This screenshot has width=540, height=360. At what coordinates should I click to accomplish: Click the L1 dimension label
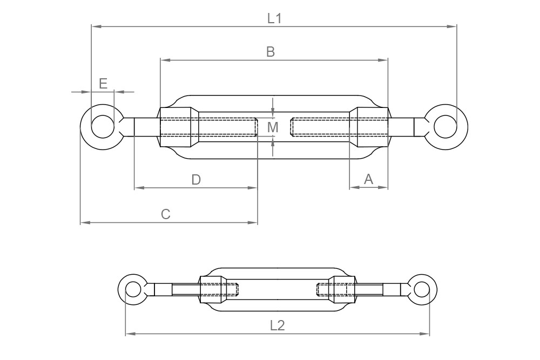tap(274, 18)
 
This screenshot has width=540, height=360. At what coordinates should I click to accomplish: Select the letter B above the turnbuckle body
tap(271, 52)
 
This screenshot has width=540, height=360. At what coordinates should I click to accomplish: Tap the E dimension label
tap(103, 83)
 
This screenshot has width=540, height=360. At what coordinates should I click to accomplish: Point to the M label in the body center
tap(273, 127)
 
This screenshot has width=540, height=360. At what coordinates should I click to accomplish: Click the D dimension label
tap(196, 180)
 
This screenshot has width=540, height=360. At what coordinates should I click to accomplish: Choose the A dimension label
tap(369, 179)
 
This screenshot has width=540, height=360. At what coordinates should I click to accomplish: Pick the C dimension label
tap(166, 214)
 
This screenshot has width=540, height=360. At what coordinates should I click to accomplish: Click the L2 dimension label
tap(277, 325)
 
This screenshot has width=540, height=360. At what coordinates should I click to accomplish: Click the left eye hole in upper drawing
tap(103, 127)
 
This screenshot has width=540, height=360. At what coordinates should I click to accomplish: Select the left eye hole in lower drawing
tap(133, 289)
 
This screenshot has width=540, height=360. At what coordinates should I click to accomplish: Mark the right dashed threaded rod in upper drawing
tap(320, 127)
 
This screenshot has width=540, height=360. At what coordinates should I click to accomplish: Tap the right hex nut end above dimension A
tap(369, 127)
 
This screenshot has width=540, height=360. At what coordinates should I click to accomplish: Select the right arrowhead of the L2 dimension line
tap(426, 334)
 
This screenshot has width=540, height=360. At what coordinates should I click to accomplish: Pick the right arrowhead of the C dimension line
tap(253, 222)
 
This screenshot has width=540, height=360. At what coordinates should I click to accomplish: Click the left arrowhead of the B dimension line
tap(164, 59)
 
